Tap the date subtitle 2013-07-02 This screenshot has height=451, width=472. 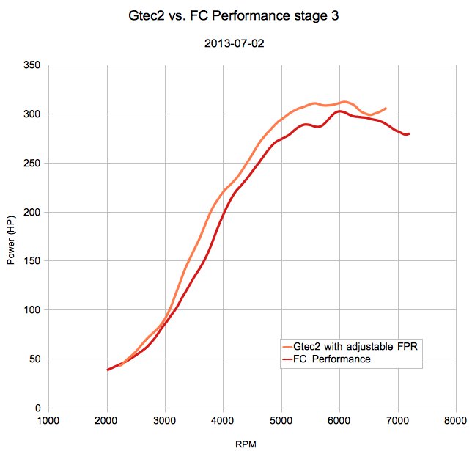[x=235, y=44]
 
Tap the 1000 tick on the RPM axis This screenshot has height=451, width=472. [x=48, y=422]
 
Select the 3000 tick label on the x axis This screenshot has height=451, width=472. [x=165, y=422]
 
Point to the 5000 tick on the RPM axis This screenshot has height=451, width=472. [x=281, y=422]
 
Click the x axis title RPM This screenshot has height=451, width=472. [x=246, y=444]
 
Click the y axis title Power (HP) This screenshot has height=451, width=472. [x=11, y=236]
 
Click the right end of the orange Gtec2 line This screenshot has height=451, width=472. [x=386, y=108]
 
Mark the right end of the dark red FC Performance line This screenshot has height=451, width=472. [x=409, y=133]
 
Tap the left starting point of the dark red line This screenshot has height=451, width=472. [x=108, y=370]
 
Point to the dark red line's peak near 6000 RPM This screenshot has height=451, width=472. [x=339, y=111]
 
